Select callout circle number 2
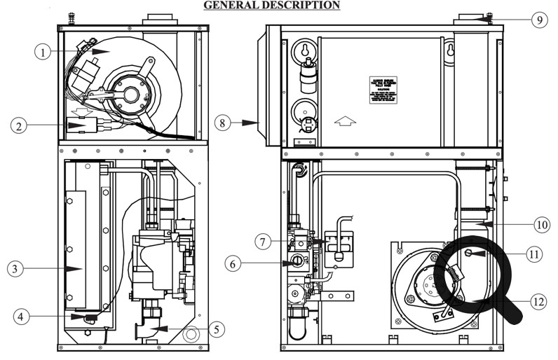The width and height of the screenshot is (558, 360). tap(20, 125)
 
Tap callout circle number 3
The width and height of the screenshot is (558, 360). tap(18, 268)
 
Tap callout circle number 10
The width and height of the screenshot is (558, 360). tap(540, 224)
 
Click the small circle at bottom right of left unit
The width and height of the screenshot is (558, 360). tap(189, 335)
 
